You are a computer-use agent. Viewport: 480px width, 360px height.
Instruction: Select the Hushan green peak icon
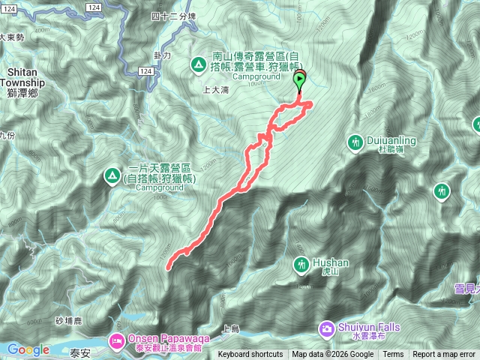(x=301, y=264)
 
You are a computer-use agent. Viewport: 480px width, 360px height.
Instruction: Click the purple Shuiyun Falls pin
(x=327, y=328)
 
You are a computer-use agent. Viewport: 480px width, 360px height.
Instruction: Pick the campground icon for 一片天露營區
(x=112, y=176)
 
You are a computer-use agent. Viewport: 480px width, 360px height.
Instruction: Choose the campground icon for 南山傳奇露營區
(x=199, y=64)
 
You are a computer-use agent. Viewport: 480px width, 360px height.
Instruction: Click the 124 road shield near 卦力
(x=146, y=71)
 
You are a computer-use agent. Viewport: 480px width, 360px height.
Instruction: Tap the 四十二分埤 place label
(x=173, y=16)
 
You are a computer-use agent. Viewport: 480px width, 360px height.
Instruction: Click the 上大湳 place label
(x=215, y=89)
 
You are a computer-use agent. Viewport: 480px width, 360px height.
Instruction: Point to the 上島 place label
(x=230, y=328)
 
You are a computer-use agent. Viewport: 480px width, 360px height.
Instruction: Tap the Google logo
(x=28, y=349)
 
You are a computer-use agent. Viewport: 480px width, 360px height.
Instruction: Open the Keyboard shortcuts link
(x=250, y=355)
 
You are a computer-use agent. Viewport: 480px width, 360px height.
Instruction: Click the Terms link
(x=393, y=355)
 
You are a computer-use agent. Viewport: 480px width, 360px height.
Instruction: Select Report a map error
(x=444, y=355)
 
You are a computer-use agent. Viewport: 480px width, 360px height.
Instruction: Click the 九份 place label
(x=7, y=136)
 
